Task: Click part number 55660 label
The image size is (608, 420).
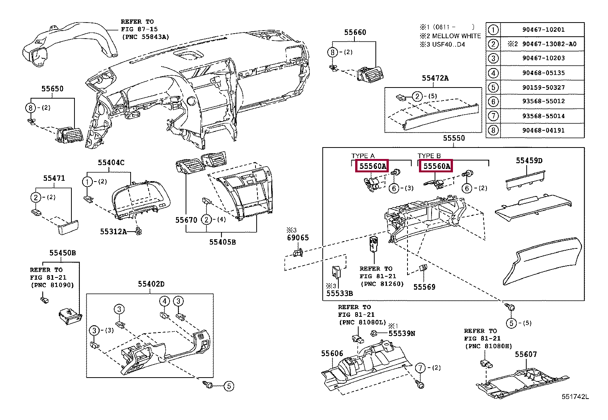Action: coord(355,32)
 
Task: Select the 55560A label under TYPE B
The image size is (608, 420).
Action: coord(436,166)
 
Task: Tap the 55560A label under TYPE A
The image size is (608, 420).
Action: coord(372,166)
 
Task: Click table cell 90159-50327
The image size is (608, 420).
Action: coord(543,88)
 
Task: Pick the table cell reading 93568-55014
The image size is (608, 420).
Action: coord(543,116)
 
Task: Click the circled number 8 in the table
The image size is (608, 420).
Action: coord(493,130)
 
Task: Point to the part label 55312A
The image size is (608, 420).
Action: coord(113,231)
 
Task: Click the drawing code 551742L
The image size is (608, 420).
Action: coord(575,397)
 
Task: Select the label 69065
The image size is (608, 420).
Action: coord(298,238)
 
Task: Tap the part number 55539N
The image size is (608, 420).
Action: coord(401,333)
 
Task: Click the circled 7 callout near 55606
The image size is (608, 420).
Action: coord(420,368)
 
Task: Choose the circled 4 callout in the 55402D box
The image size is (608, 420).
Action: coord(164,301)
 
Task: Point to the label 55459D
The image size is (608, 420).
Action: coord(529,161)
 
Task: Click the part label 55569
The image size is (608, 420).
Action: coord(424,287)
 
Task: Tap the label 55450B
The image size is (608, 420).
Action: coord(62,253)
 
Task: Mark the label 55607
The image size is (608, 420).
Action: coord(526,354)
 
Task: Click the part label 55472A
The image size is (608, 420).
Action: coord(435,78)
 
